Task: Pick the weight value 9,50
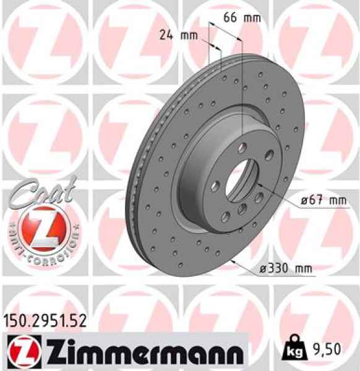(324, 351)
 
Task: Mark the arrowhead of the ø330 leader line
(231, 260)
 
